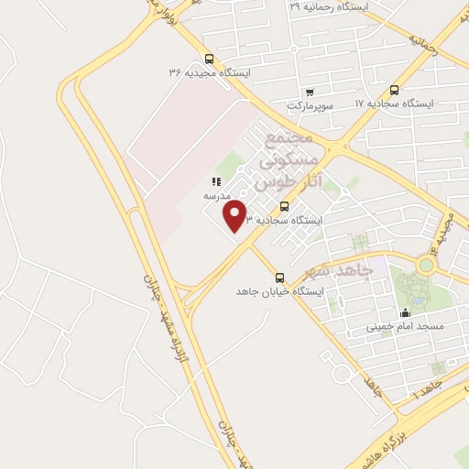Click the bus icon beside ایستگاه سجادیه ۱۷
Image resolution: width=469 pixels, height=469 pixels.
pyautogui.click(x=394, y=90)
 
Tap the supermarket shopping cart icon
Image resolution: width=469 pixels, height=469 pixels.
pyautogui.click(x=310, y=92)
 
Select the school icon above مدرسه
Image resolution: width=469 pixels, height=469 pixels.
pyautogui.click(x=216, y=181)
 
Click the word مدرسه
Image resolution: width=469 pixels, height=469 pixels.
pyautogui.click(x=217, y=196)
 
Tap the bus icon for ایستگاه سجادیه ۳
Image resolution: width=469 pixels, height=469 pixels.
pyautogui.click(x=284, y=206)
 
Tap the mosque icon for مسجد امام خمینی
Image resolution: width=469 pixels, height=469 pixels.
pyautogui.click(x=405, y=312)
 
